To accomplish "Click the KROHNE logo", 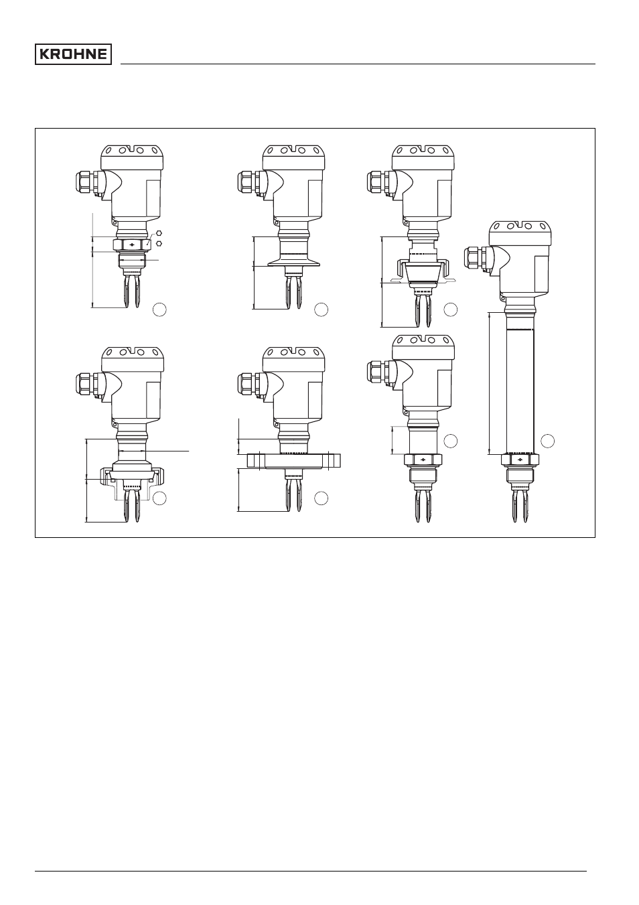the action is coord(73,54).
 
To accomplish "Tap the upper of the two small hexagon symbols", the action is coord(159,233).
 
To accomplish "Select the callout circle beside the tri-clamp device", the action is coord(321,309).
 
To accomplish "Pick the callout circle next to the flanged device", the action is coord(321,498).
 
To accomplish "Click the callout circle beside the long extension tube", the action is coord(547,441).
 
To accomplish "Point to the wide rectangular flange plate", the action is coord(293,461).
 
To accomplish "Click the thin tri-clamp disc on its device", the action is coord(293,265).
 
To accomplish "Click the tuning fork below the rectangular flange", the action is coord(293,495).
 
